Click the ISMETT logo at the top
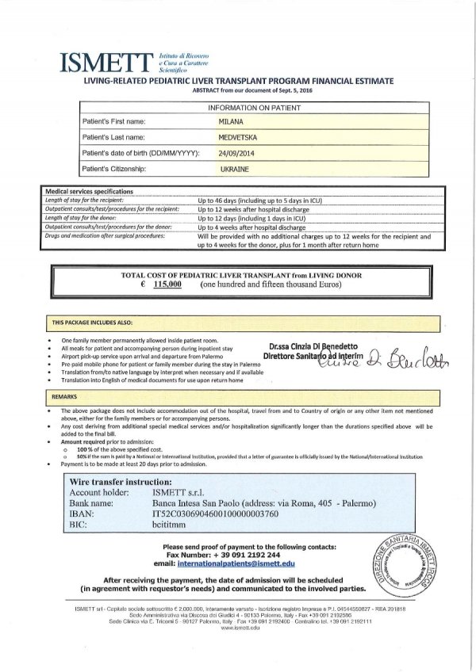click(107, 61)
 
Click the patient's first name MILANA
click(233, 122)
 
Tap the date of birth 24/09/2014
click(237, 154)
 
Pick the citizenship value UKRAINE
click(236, 170)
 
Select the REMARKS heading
click(66, 395)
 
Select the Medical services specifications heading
click(89, 192)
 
